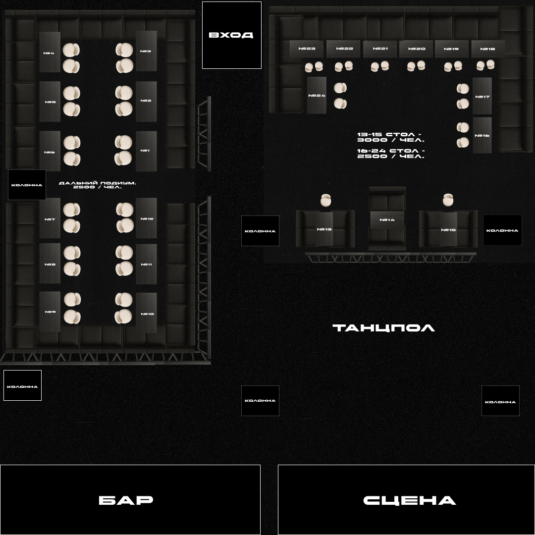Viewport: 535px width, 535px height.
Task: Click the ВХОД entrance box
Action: tap(231, 35)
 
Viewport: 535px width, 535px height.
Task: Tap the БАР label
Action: tap(126, 500)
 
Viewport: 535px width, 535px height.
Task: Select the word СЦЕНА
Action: tap(409, 500)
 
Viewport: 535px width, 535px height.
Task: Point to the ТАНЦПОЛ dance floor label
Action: tap(383, 327)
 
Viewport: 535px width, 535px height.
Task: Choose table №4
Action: tap(50, 53)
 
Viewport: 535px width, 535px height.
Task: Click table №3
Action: tap(146, 51)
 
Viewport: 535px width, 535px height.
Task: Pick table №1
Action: tap(146, 151)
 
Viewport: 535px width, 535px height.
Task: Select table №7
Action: tap(50, 219)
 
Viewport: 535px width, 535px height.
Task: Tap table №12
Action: tap(147, 218)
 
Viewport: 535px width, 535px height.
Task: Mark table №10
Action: tap(147, 314)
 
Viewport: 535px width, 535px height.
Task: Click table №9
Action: tap(50, 312)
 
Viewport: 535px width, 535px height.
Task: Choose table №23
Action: tap(307, 49)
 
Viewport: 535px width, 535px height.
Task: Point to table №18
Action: tap(488, 49)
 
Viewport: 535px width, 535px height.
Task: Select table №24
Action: tap(317, 95)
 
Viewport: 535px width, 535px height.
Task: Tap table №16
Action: tap(482, 135)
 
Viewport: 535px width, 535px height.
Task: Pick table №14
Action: tap(387, 219)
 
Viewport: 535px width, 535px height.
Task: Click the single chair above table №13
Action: tap(325, 200)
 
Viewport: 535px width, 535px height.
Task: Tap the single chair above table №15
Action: tap(448, 200)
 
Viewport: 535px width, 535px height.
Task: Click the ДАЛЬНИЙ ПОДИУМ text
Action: tap(98, 183)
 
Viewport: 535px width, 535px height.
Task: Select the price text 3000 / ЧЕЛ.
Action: tap(391, 140)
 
